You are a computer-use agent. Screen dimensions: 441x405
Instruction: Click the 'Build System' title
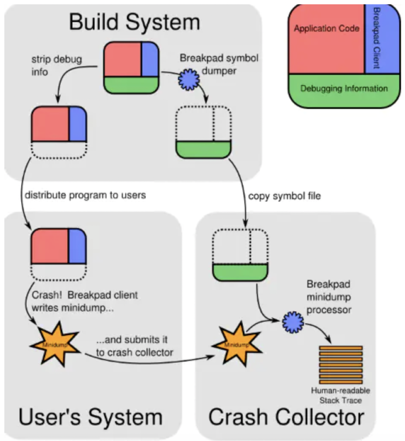coord(134,22)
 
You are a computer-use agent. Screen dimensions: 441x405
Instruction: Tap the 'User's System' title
coord(91,417)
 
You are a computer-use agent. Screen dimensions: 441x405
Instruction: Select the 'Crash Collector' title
coord(286,417)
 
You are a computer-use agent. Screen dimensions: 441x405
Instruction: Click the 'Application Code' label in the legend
coord(326,29)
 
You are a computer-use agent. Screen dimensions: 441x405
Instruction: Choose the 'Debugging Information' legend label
coord(344,89)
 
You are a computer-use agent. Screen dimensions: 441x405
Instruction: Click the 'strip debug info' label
coord(56,66)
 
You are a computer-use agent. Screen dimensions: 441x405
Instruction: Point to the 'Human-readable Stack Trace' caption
coord(341,395)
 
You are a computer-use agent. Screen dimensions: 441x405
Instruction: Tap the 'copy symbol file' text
coord(284,196)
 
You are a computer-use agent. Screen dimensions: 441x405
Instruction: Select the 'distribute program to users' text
coord(85,195)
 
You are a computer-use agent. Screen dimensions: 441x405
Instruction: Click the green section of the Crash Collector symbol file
coord(240,272)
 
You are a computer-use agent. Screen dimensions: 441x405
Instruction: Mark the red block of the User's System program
coord(50,247)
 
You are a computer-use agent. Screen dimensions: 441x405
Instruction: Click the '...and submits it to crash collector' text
coord(134,346)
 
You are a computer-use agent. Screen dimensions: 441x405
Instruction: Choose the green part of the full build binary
coord(131,85)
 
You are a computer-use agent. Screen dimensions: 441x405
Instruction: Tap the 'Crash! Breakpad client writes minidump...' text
coord(84,301)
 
